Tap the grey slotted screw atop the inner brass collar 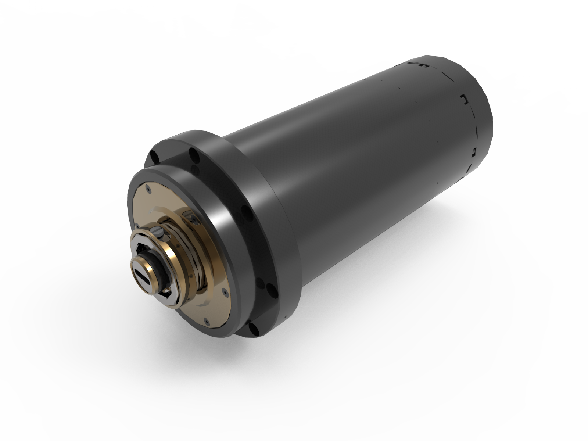(157, 232)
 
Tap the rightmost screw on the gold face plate (223, 292)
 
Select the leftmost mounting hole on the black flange (155, 156)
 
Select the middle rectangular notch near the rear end (464, 99)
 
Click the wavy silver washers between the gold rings (173, 235)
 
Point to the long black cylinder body (349, 165)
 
